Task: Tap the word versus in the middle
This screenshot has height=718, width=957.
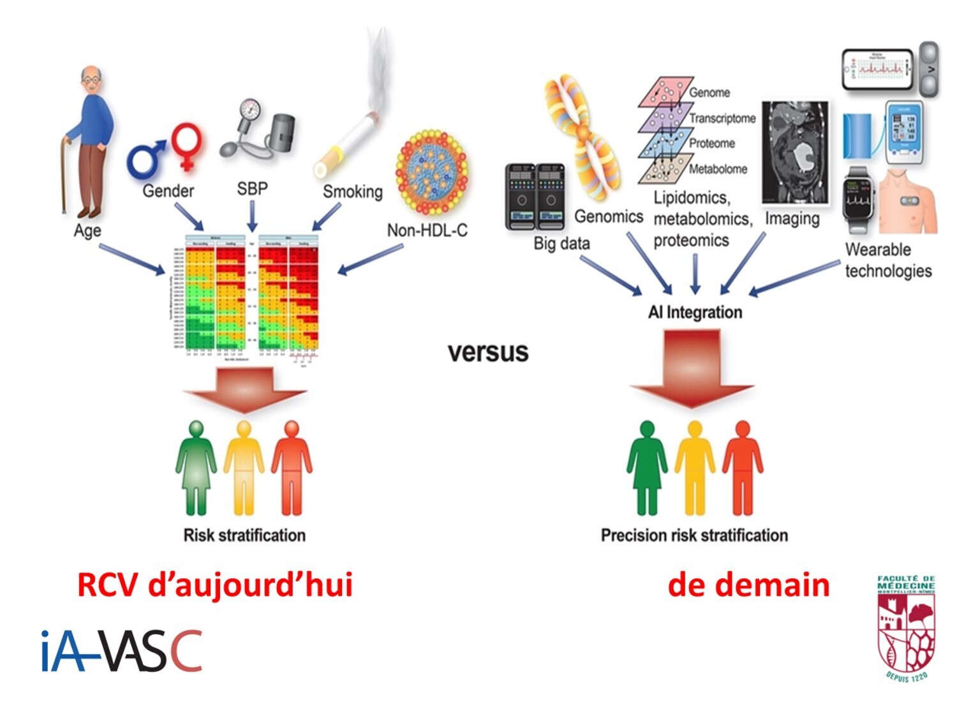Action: pos(488,352)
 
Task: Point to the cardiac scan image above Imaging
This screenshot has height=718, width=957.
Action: pos(796,153)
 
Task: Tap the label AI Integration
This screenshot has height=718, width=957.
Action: pos(695,312)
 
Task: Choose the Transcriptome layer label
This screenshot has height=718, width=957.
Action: pos(722,118)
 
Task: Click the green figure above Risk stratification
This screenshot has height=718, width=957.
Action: pos(196,467)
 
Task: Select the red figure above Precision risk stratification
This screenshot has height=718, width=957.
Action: pos(742,467)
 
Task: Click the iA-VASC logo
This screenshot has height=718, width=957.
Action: pos(121,651)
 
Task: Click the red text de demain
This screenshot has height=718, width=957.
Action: pos(748,585)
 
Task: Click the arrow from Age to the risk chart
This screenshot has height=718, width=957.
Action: pos(131,260)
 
